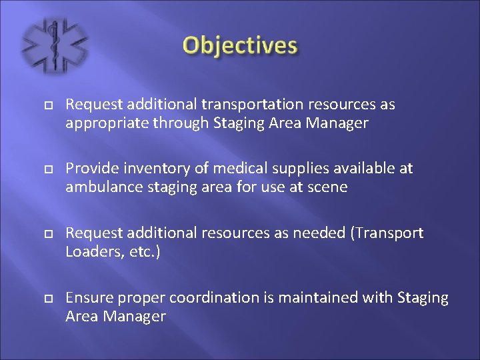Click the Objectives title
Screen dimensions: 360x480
[x=240, y=46]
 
